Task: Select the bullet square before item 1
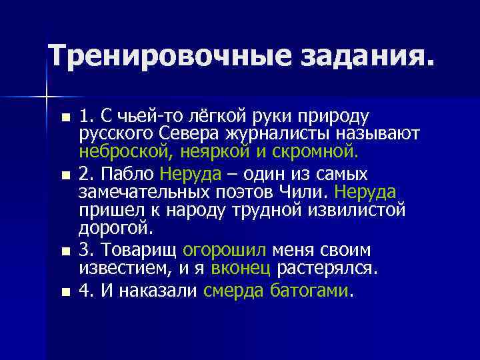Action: (x=64, y=118)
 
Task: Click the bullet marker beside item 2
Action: (x=64, y=175)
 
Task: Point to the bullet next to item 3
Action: (x=64, y=252)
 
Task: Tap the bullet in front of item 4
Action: (x=64, y=291)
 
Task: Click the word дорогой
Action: (x=116, y=228)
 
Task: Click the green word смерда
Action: (x=234, y=291)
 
